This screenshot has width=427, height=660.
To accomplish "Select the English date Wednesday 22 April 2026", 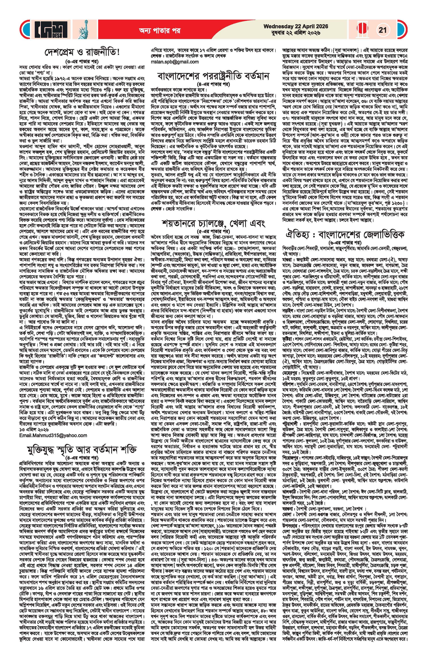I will (x=296, y=26).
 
